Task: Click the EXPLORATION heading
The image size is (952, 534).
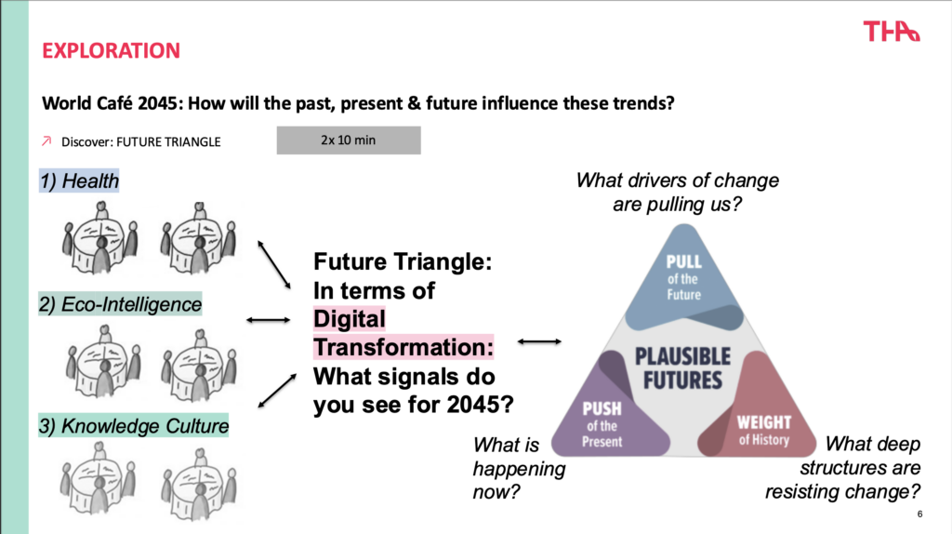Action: click(x=112, y=50)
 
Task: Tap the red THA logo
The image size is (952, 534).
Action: click(x=892, y=31)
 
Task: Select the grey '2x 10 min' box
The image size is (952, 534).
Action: click(x=349, y=140)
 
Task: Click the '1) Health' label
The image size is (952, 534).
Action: click(x=79, y=181)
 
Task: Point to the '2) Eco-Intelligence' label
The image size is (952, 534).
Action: click(x=120, y=304)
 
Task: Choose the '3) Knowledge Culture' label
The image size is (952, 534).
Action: click(x=134, y=426)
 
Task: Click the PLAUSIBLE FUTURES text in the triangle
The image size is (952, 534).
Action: click(x=683, y=368)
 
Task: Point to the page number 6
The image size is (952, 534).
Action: click(x=919, y=514)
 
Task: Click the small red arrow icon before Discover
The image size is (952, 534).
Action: click(x=46, y=140)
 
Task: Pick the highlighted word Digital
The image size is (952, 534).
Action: click(x=350, y=319)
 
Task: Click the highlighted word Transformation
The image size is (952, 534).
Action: click(x=403, y=348)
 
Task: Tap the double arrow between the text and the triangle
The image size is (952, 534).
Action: click(x=539, y=342)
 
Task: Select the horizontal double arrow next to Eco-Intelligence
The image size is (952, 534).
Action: click(x=269, y=320)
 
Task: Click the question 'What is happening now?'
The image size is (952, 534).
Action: click(x=519, y=468)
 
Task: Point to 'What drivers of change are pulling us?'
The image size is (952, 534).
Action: click(x=678, y=192)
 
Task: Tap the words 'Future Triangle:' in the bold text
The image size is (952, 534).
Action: click(x=403, y=261)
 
